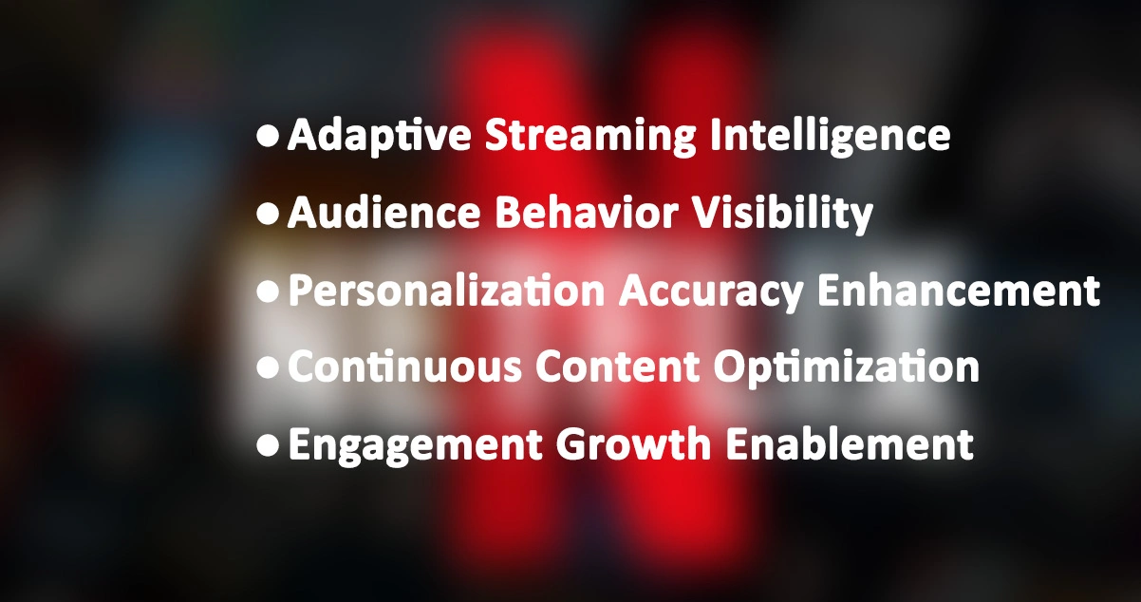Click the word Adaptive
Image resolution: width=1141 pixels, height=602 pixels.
[379, 137]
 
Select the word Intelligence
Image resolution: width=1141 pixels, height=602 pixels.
[831, 137]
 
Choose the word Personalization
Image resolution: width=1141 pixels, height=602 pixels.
[446, 291]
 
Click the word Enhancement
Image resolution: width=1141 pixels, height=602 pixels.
[960, 291]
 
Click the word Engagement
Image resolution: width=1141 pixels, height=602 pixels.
[417, 444]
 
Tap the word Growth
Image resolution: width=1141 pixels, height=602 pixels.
[623, 444]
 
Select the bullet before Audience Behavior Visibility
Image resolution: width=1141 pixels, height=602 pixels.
[269, 215]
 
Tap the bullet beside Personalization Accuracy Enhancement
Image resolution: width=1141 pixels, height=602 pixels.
[269, 292]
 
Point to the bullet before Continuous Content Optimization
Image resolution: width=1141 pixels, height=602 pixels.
[269, 367]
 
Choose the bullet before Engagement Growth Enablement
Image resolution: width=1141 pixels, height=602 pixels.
[269, 444]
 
